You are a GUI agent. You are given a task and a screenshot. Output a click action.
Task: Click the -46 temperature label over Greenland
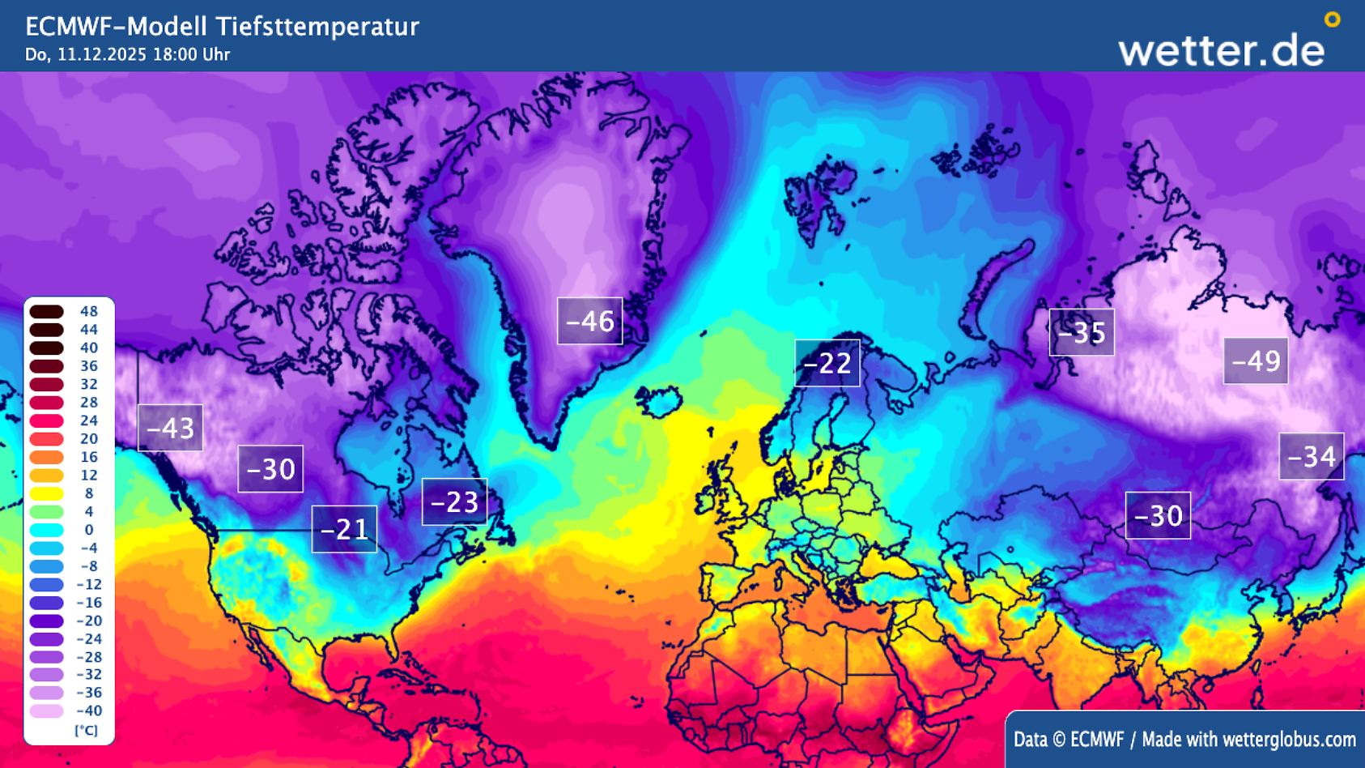coord(589,322)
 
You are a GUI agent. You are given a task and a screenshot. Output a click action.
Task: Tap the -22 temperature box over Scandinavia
coord(827,363)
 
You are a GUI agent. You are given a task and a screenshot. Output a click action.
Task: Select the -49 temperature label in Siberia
coord(1255,361)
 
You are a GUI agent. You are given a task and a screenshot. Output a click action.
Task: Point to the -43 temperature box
coord(170,428)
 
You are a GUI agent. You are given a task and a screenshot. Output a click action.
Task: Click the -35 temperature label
coord(1081,332)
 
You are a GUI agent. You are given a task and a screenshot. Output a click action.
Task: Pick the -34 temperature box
coord(1311,457)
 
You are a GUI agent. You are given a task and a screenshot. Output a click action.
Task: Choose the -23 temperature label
coord(454,502)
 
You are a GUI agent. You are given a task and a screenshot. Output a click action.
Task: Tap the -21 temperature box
coord(344,529)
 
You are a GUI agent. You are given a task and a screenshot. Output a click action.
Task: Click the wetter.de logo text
coord(1221,50)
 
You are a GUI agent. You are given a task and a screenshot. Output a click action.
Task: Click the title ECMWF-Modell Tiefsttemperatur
coord(222,27)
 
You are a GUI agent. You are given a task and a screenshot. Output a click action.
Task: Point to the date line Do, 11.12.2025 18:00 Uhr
coord(127,55)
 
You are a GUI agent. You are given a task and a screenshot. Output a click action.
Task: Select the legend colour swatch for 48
coord(47,312)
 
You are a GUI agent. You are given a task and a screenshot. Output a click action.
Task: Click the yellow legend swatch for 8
coord(47,493)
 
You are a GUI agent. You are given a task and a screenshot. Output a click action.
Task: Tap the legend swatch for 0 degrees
coord(47,530)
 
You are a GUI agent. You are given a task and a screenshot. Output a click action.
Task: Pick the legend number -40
coord(88,711)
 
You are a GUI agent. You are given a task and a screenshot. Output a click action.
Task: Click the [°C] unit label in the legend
coord(86,730)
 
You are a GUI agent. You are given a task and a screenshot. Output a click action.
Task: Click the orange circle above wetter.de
coord(1332,19)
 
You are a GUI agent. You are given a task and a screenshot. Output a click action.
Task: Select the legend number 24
coord(88,420)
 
